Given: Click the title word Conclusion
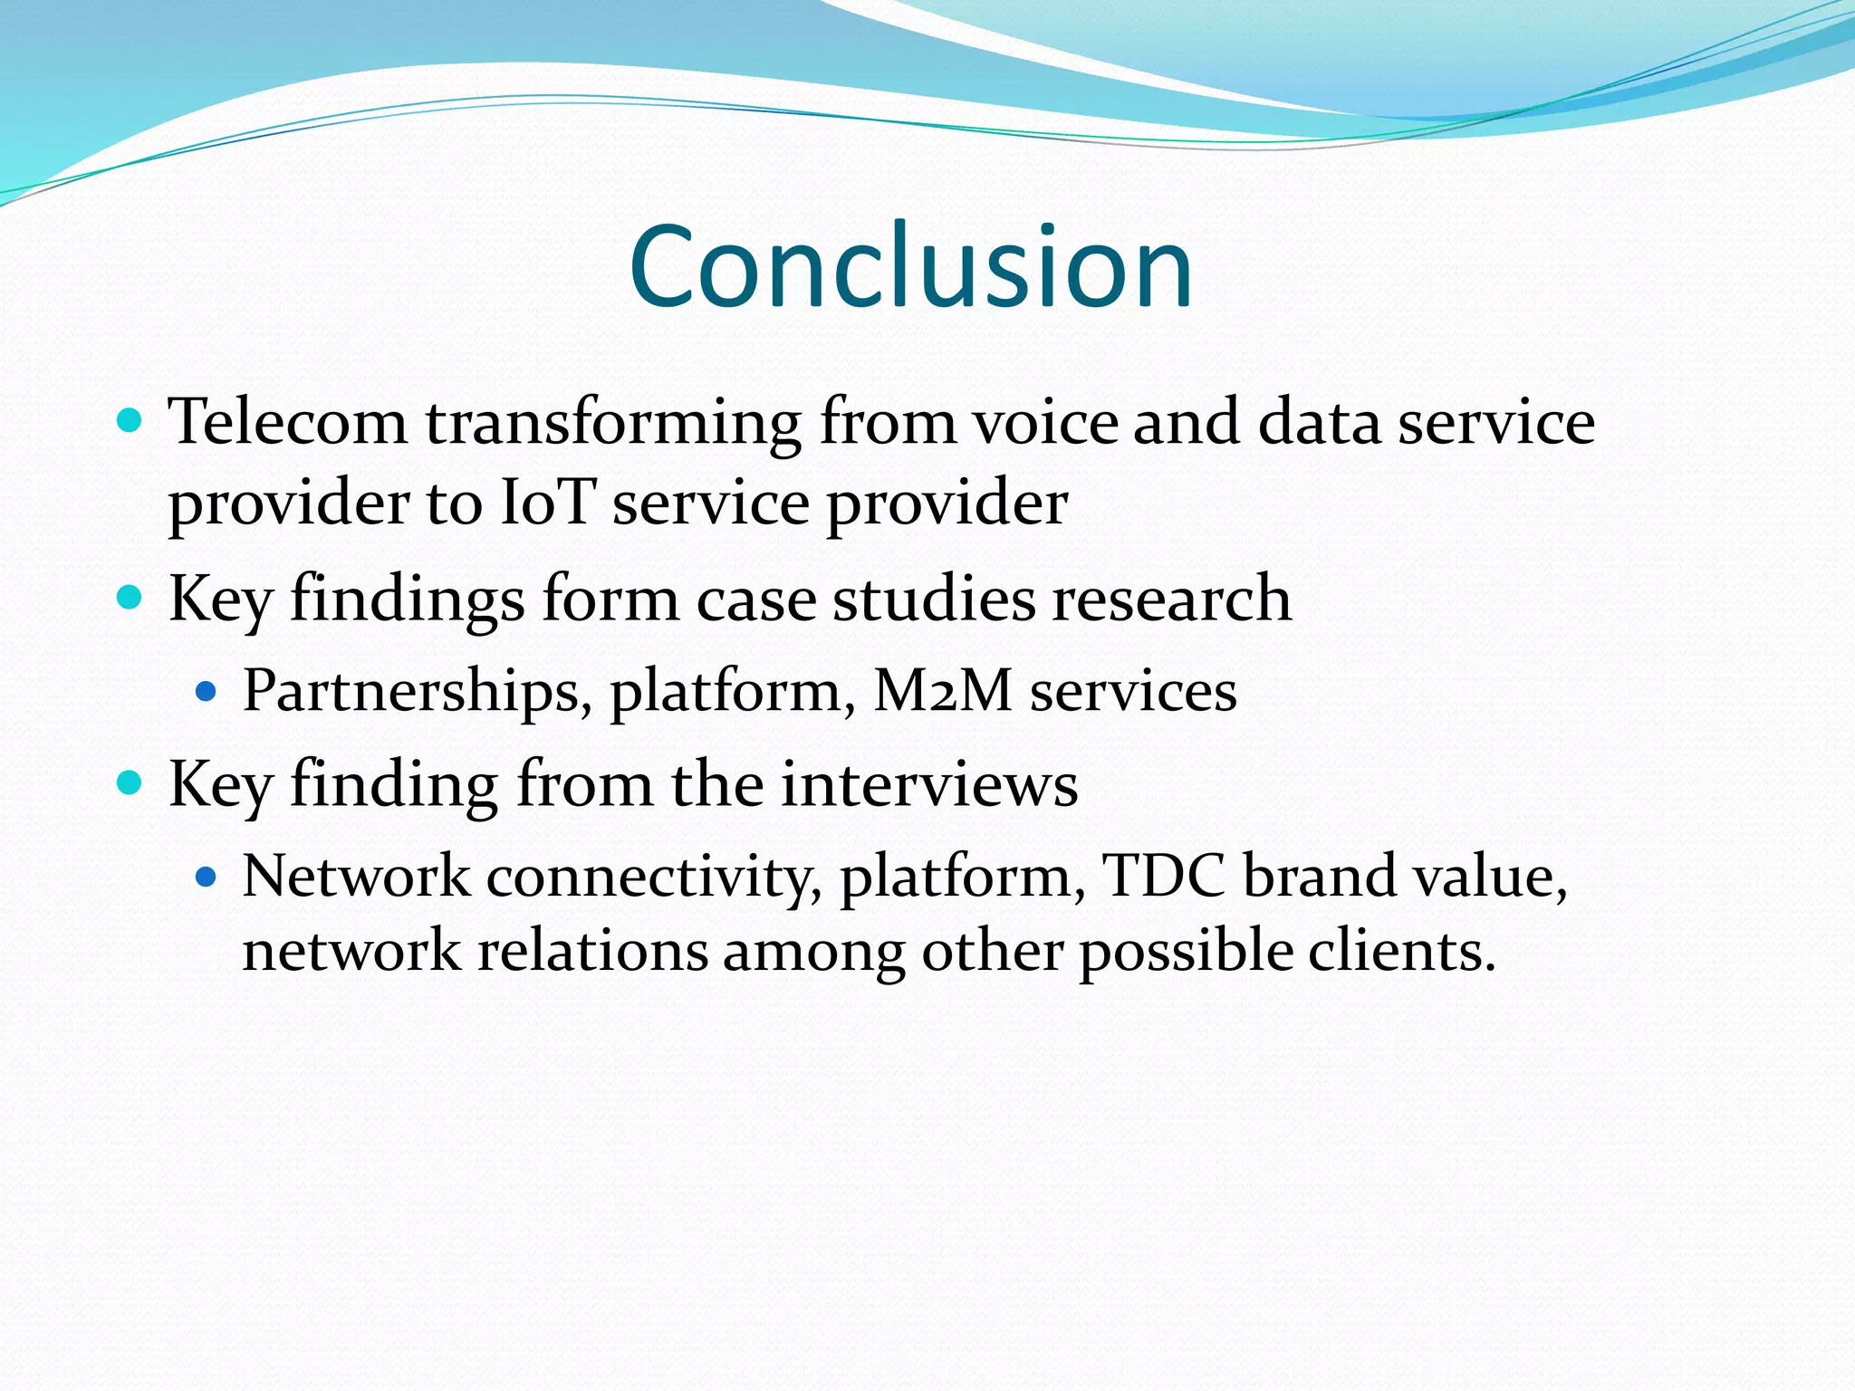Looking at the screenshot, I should click(x=910, y=268).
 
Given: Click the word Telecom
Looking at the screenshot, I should click(x=288, y=422).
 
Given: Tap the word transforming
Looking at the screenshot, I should click(x=613, y=424).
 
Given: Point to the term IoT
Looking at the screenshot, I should click(x=547, y=504).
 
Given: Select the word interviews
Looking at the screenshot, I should click(x=929, y=784).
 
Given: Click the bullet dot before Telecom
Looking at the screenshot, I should click(x=130, y=421).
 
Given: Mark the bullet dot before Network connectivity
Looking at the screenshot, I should click(x=207, y=877).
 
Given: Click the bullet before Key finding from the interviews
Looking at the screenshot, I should click(x=130, y=782).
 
